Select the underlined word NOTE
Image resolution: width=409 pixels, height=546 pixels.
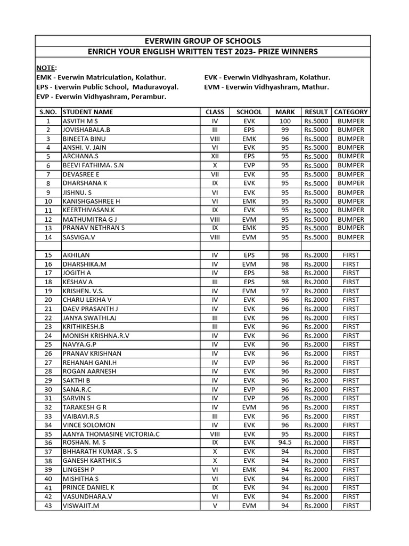pyautogui.click(x=46, y=68)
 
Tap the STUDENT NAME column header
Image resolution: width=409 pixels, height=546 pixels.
pyautogui.click(x=88, y=112)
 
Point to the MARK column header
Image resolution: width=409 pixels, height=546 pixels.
pyautogui.click(x=285, y=112)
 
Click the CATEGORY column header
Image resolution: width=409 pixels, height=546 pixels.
pyautogui.click(x=350, y=112)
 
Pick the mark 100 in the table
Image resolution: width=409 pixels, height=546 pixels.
pyautogui.click(x=285, y=121)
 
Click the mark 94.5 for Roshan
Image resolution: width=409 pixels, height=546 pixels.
pyautogui.click(x=285, y=443)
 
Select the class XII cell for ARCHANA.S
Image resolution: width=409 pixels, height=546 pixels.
pyautogui.click(x=215, y=157)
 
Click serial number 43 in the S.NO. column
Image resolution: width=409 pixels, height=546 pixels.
pyautogui.click(x=48, y=505)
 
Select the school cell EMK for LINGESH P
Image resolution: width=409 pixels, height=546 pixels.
pyautogui.click(x=249, y=470)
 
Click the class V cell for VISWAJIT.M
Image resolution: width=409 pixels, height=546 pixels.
pyautogui.click(x=215, y=505)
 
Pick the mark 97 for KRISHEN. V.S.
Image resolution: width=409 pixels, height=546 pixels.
pyautogui.click(x=285, y=291)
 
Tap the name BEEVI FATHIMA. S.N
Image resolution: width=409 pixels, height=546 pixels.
pyautogui.click(x=93, y=166)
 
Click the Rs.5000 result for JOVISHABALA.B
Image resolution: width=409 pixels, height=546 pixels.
pyautogui.click(x=316, y=130)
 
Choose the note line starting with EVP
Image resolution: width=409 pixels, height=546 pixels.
pyautogui.click(x=101, y=97)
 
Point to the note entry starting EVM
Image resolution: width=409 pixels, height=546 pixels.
pyautogui.click(x=266, y=87)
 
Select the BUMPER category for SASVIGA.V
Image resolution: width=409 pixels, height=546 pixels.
pyautogui.click(x=350, y=237)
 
